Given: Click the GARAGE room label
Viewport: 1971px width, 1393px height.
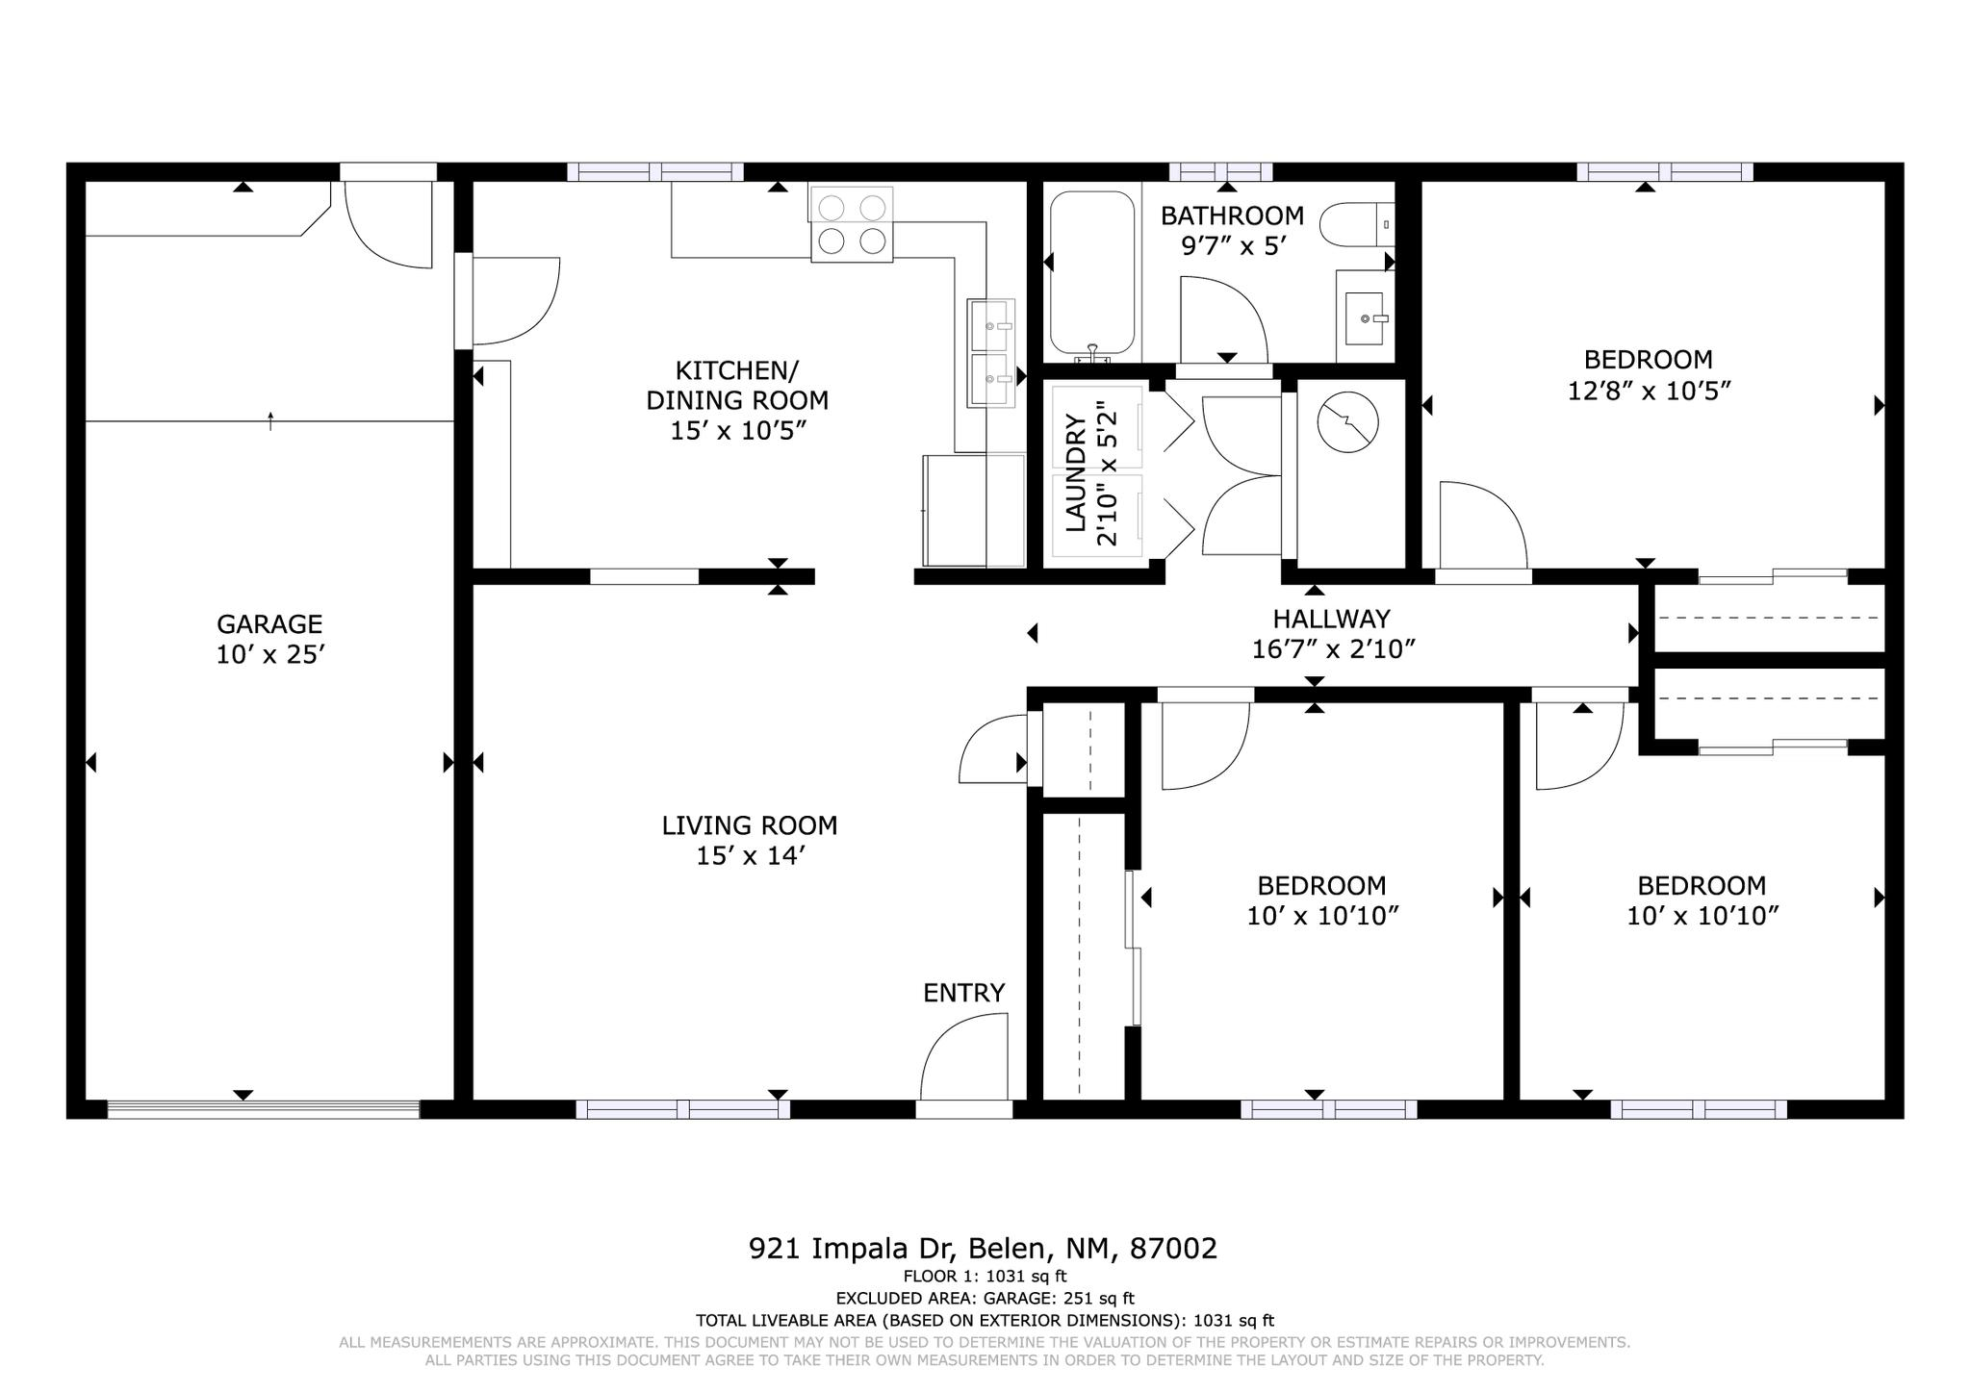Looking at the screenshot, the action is click(x=269, y=624).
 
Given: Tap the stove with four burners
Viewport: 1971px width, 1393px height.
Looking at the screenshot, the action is click(x=852, y=224).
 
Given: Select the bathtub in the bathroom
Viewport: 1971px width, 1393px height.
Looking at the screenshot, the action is click(x=1092, y=274).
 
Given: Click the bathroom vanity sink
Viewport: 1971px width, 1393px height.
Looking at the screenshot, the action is click(x=1365, y=318).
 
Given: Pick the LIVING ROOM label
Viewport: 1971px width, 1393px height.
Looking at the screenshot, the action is click(x=750, y=825).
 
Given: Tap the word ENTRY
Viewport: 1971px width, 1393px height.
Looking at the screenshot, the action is click(x=964, y=993).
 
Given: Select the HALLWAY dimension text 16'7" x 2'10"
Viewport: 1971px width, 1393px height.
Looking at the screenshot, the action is click(x=1333, y=649).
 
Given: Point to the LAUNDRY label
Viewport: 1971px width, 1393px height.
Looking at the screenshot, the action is click(x=1076, y=473).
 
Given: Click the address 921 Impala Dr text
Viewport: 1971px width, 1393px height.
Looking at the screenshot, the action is click(x=851, y=1249).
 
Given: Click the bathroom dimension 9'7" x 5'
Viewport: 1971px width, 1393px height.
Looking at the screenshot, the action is click(x=1234, y=246).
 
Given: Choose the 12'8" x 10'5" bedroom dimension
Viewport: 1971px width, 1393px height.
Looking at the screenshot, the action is click(x=1650, y=392).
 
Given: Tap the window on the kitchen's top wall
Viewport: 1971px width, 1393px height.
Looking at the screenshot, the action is click(x=655, y=172).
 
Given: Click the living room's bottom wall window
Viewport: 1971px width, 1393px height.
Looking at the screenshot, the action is click(x=683, y=1109).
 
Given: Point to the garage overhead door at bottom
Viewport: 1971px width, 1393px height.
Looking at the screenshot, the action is click(x=264, y=1109).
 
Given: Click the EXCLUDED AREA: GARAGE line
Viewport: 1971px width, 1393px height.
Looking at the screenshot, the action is click(x=985, y=1299).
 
